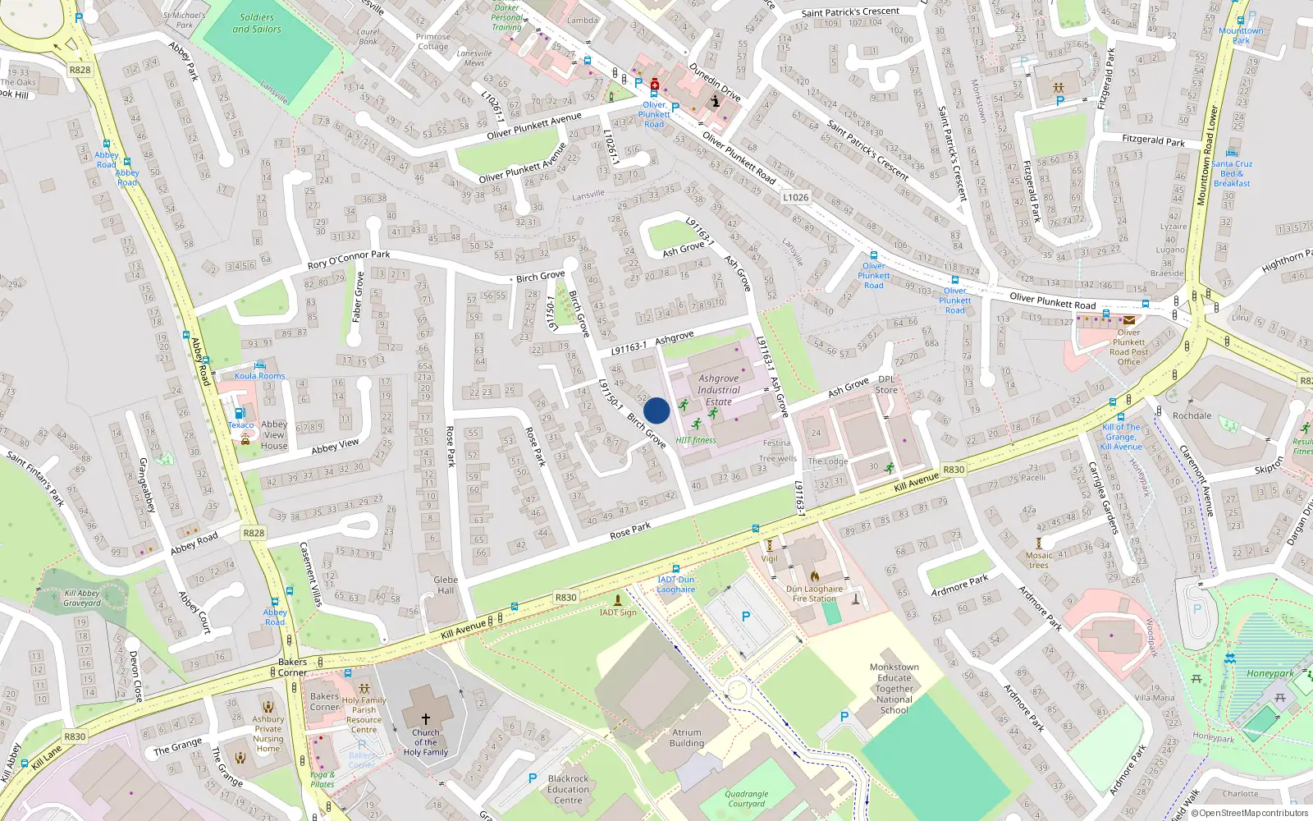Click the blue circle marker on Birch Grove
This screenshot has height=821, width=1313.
[x=656, y=410]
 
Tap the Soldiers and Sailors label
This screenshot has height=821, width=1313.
[x=257, y=23]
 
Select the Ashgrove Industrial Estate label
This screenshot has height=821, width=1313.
[x=719, y=390]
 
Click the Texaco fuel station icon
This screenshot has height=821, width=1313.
[x=240, y=414]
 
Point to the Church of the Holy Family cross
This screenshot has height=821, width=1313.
[x=425, y=718]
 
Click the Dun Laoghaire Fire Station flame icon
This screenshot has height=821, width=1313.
[x=815, y=576]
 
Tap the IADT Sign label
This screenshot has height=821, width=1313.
[x=618, y=612]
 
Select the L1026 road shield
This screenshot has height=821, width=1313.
[x=795, y=197]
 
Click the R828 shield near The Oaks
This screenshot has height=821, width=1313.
[x=80, y=70]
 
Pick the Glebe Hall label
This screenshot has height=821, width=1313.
[x=446, y=585]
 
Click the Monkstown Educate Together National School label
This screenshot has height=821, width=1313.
[x=894, y=689]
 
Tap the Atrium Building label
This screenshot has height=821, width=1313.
[x=687, y=738]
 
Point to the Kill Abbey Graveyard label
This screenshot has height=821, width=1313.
[x=82, y=598]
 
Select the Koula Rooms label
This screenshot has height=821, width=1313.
[x=259, y=376]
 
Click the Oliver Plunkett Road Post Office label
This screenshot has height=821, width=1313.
[x=1128, y=346]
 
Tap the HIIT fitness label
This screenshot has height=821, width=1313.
[x=696, y=441]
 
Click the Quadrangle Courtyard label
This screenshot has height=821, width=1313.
[x=746, y=799]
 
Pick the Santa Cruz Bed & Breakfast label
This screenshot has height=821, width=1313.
[x=1232, y=173]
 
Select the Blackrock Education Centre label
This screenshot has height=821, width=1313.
[x=568, y=789]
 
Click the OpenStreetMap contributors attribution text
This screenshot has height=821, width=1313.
[x=1253, y=814]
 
